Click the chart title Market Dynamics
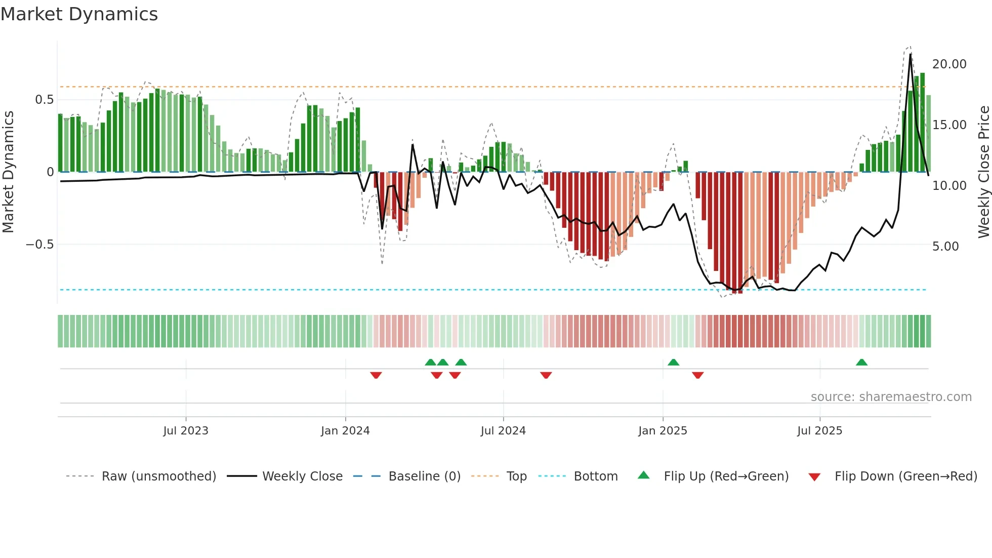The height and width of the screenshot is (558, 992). [79, 14]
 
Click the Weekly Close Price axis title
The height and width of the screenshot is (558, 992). [983, 172]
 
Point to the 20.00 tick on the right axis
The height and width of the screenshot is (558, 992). [949, 64]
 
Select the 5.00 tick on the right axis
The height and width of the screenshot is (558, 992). [945, 247]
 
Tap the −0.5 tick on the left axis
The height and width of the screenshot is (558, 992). [39, 245]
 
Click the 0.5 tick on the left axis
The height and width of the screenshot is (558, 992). [44, 100]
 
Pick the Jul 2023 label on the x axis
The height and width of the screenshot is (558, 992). [186, 431]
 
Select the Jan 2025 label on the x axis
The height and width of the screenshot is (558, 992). [663, 431]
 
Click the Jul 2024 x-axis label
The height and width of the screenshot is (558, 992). [503, 431]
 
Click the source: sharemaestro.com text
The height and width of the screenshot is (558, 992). [891, 397]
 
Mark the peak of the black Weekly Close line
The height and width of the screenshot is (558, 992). [911, 54]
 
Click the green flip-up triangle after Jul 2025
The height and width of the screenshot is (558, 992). [861, 362]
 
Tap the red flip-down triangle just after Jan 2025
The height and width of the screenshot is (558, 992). [698, 375]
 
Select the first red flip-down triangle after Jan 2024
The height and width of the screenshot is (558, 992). [376, 375]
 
